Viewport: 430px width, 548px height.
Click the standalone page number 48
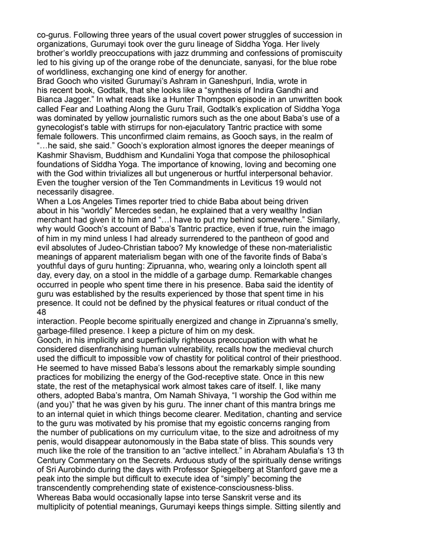(x=41, y=312)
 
